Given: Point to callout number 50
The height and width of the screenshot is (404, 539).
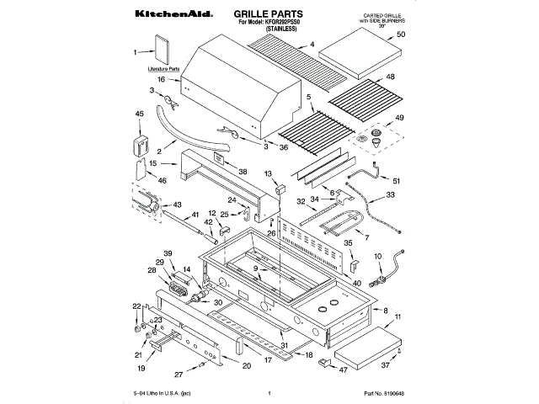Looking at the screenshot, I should tap(401, 35).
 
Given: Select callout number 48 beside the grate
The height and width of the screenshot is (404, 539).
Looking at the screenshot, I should tap(390, 77).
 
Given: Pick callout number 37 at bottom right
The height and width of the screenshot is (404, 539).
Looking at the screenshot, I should tap(386, 365).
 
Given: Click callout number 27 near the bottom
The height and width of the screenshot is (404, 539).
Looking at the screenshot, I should tap(178, 374).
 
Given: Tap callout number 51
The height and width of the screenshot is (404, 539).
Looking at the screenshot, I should tap(397, 181).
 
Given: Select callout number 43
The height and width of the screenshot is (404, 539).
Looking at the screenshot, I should tap(177, 205).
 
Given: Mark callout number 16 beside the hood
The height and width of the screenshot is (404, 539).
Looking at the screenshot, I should tap(160, 80).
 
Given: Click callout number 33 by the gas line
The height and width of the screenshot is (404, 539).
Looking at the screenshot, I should tap(390, 194).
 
